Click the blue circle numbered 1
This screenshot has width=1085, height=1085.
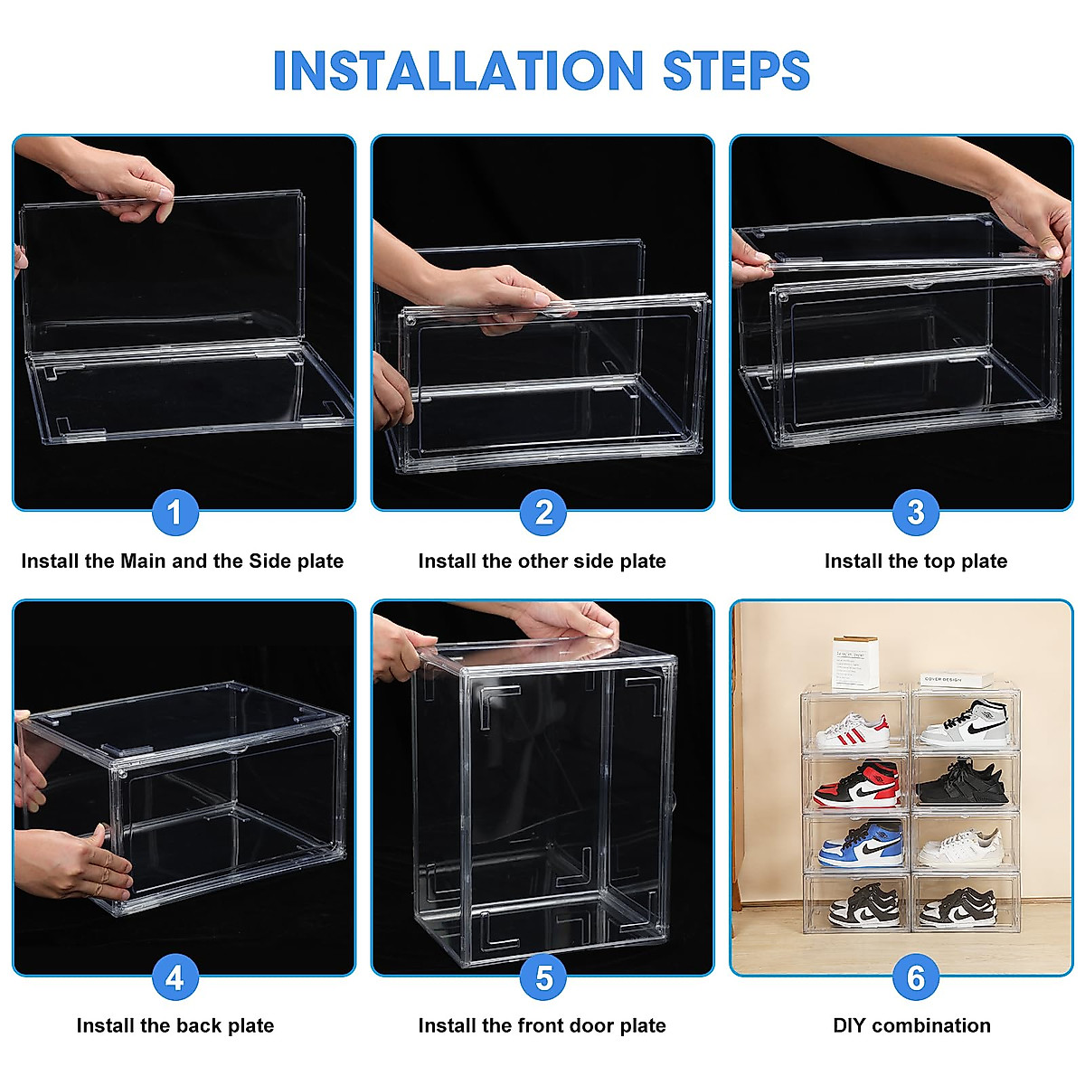[175, 513]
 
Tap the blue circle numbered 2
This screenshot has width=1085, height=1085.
[543, 513]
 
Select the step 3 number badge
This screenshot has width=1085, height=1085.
[915, 513]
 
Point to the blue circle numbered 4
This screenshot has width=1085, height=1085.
[175, 977]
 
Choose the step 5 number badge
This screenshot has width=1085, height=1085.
[543, 977]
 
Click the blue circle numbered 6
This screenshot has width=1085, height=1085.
[915, 977]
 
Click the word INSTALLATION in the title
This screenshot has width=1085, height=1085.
[458, 71]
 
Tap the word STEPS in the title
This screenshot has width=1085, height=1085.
[736, 71]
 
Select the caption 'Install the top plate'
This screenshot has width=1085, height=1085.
[915, 561]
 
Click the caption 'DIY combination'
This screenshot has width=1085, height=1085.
[911, 1025]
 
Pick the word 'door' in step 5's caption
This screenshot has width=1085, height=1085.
[591, 1025]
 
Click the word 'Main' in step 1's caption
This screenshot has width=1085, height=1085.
[143, 561]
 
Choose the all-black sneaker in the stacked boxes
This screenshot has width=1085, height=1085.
[962, 783]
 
